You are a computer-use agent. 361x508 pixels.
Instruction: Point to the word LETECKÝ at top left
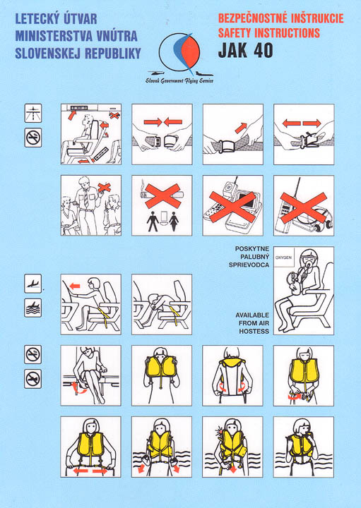[x=37, y=19]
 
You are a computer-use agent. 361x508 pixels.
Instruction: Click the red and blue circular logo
[x=179, y=52]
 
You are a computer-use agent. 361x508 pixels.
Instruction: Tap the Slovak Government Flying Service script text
[x=179, y=80]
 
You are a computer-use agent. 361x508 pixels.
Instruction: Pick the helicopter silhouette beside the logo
[x=156, y=73]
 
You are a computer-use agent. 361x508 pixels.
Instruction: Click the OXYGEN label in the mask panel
[x=283, y=258]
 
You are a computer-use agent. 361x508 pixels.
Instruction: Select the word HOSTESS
[x=254, y=332]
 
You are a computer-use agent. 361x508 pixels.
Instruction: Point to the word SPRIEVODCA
[x=249, y=265]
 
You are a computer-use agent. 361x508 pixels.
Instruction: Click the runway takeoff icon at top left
[x=33, y=113]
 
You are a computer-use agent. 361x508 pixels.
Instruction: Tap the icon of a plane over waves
[x=32, y=308]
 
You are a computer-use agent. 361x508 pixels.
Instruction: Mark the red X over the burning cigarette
[x=162, y=195]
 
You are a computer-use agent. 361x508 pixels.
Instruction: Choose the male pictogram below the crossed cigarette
[x=153, y=222]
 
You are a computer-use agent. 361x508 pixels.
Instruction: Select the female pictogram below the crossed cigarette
[x=174, y=222]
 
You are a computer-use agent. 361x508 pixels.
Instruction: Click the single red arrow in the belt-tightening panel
[x=241, y=128]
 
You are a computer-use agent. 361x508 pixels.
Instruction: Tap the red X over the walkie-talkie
[x=304, y=208]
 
